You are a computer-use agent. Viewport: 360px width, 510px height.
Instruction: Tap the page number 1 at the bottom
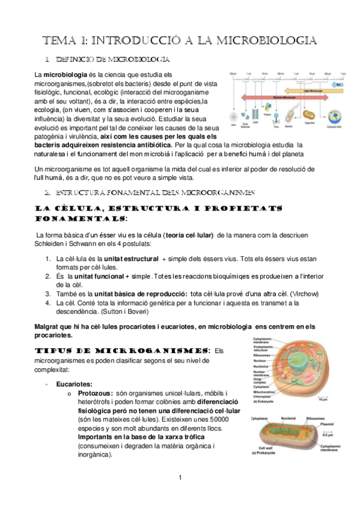click(180, 478)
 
